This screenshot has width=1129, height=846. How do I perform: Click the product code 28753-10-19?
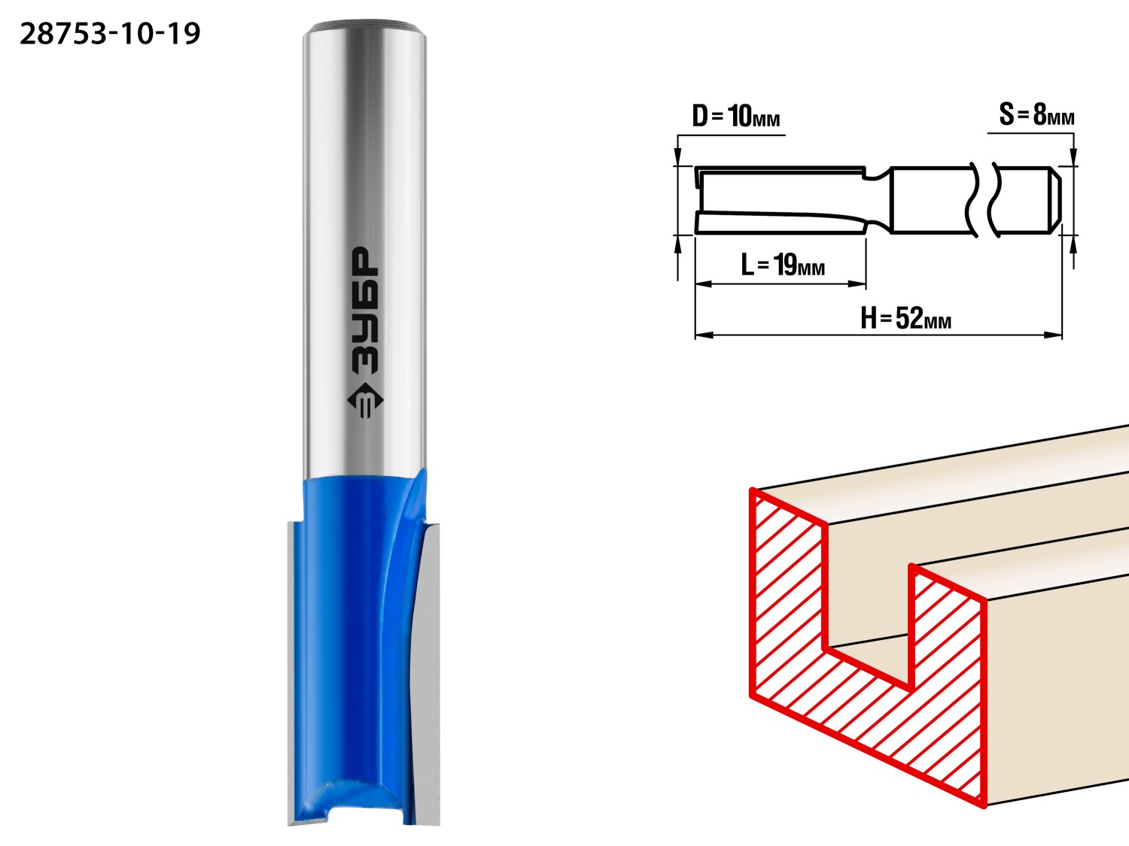coord(110,34)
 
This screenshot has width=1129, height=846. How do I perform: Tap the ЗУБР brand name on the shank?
coord(365,311)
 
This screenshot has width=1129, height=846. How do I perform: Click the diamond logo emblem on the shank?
coord(365,401)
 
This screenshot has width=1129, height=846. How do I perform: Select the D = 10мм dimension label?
coord(735,116)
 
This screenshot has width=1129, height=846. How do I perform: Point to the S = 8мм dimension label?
coord(1036,114)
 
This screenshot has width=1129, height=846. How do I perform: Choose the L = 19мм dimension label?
coord(783,265)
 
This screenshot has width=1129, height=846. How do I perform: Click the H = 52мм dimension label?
coord(905,318)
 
